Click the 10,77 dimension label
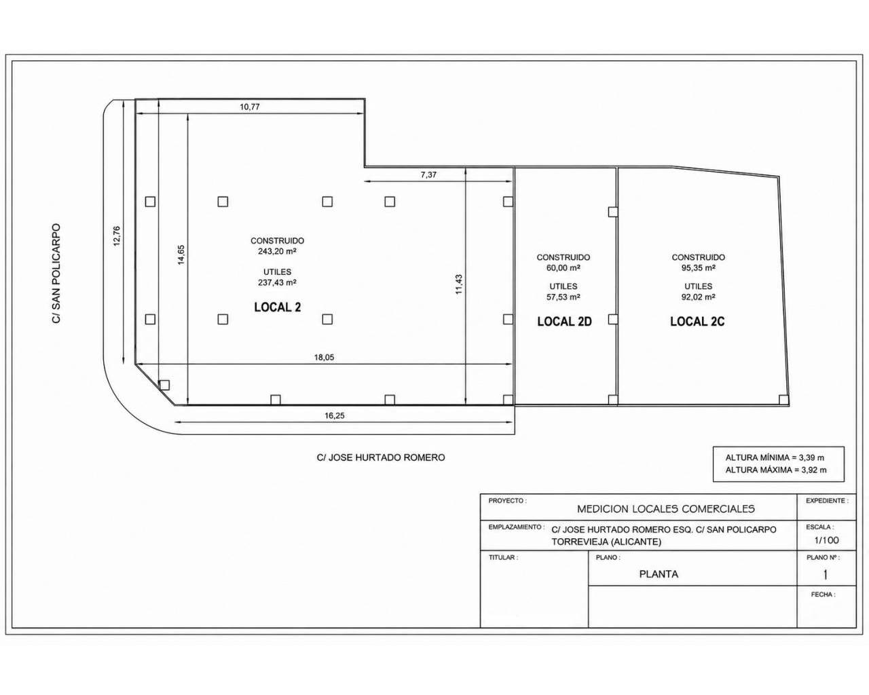point(250,107)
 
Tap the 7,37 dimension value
point(428,175)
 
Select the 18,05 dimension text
point(324,358)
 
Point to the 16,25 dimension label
point(334,415)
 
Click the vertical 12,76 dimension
point(116,236)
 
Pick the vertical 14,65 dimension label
point(181,255)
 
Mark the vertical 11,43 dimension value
point(459,284)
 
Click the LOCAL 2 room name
point(278,307)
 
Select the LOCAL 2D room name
point(564,322)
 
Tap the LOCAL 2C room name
point(697,322)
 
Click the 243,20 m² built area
point(278,251)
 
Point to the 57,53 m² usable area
point(563,297)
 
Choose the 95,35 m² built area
point(698,267)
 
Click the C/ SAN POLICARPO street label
point(56,274)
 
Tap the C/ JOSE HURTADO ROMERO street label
point(381,457)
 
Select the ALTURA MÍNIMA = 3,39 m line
point(775,457)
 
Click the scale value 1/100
point(826,540)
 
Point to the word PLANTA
point(659,574)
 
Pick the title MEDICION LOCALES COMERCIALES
point(665,509)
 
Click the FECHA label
point(823,595)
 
